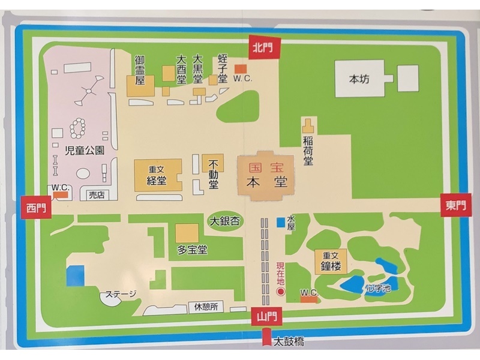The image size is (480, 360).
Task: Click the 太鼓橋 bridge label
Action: tap(289, 343)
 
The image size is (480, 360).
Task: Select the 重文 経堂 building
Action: tap(157, 176)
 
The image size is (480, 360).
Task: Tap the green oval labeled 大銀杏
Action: tap(224, 221)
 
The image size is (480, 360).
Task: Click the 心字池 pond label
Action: tap(379, 289)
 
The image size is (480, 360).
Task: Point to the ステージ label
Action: tap(121, 294)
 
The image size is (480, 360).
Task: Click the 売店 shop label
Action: tap(96, 196)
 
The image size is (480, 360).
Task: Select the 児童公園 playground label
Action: tap(85, 151)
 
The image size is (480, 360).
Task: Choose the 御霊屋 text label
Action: tap(139, 70)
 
